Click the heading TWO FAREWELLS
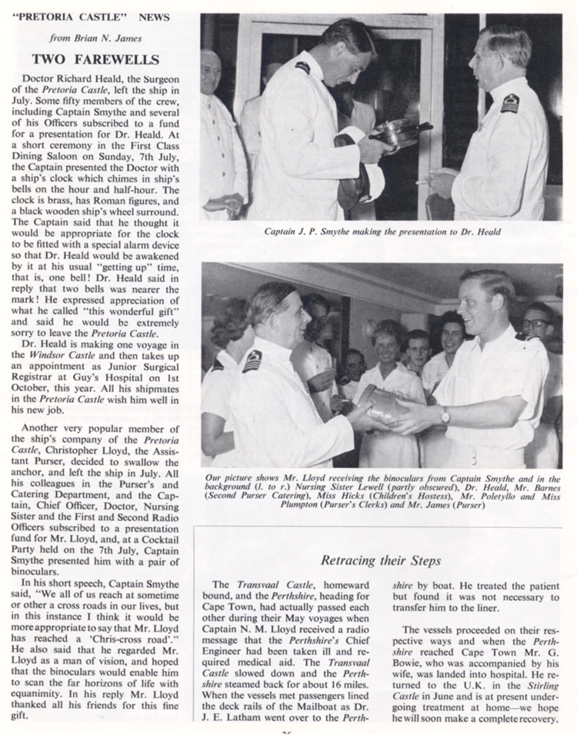pos(95,58)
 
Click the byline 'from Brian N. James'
pos(95,36)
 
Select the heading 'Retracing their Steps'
pos(375,560)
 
